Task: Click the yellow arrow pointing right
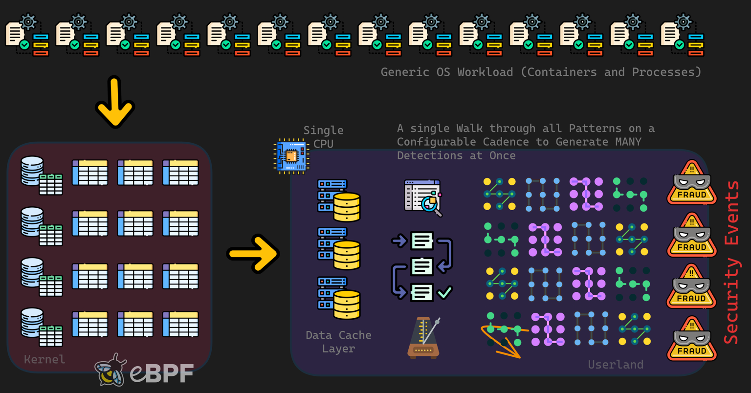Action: click(x=253, y=253)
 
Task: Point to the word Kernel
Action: click(x=44, y=359)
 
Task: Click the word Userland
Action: click(x=616, y=365)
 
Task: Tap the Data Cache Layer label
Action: click(x=338, y=342)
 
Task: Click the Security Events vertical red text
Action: click(x=731, y=262)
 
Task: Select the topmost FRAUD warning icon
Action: click(x=691, y=183)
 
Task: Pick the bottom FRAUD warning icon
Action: click(x=691, y=339)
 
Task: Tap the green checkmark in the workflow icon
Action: click(x=444, y=292)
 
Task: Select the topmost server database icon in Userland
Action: click(x=339, y=200)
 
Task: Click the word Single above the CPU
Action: click(x=323, y=131)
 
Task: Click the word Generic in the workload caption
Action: click(x=404, y=72)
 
